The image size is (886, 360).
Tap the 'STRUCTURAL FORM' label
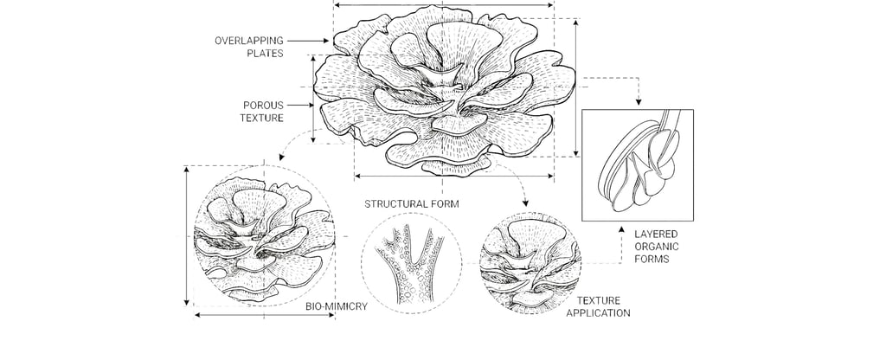411,204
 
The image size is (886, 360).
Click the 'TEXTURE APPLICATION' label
598,306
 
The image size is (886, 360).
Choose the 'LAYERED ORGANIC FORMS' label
658,246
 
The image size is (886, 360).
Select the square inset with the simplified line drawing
639,164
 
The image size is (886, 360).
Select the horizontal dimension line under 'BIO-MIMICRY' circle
265,316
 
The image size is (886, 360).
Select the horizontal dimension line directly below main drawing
453,177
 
